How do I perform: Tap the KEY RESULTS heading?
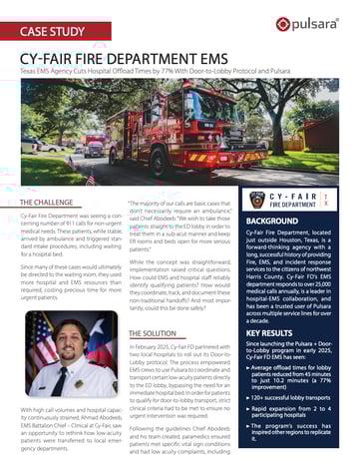click(x=276, y=330)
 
